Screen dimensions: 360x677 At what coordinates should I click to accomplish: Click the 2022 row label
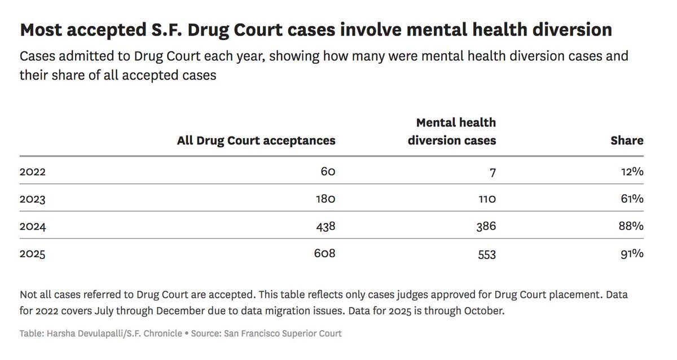32,172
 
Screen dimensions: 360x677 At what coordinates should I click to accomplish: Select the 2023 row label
32,199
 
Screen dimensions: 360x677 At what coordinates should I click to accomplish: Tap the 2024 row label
32,226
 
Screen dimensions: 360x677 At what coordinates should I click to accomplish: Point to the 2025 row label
32,254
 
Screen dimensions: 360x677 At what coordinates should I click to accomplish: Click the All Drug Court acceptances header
256,141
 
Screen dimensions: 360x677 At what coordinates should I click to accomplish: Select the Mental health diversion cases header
452,131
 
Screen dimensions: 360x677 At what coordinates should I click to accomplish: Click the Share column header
627,141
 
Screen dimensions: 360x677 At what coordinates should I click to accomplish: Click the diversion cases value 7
493,172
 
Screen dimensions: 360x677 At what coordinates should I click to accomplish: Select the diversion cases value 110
485,199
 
